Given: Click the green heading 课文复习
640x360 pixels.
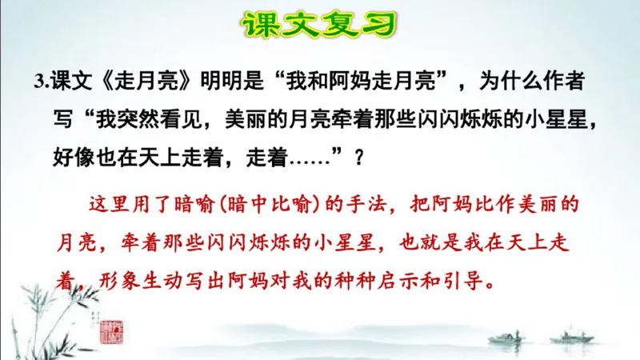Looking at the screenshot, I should (x=319, y=25).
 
